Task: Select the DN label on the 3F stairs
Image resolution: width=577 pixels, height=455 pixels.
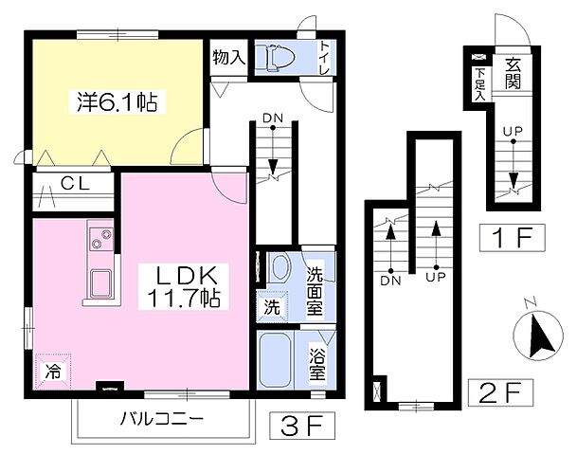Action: coord(273,118)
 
